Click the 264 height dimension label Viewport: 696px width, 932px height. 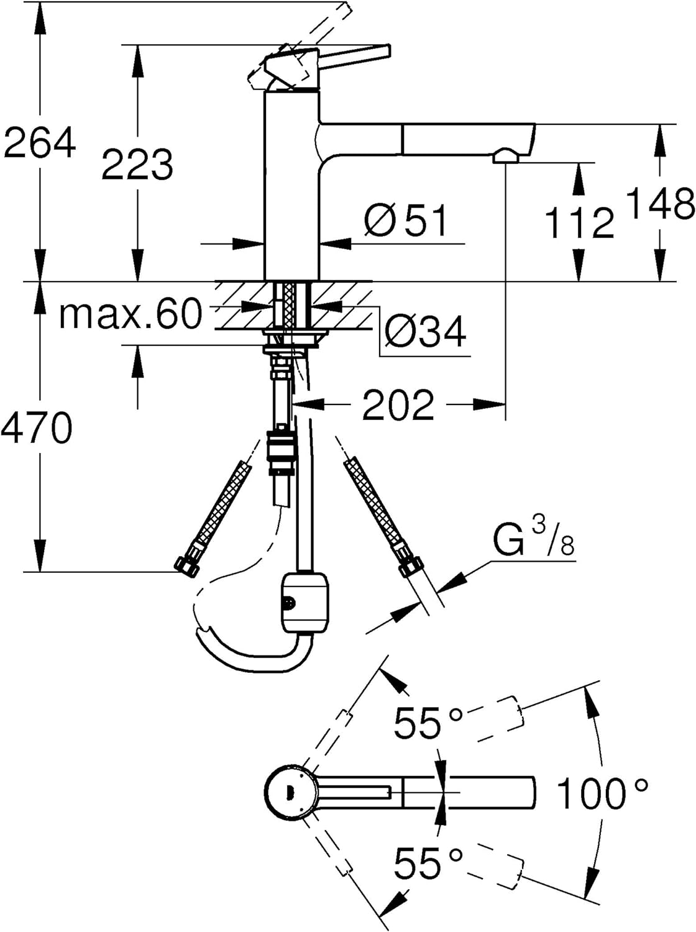[40, 142]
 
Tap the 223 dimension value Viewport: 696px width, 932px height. [137, 164]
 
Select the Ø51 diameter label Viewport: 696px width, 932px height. [406, 220]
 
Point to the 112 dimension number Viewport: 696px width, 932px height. [580, 222]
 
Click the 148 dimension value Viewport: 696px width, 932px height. [661, 203]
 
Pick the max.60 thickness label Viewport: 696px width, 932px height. [130, 314]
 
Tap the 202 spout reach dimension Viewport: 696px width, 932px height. [398, 404]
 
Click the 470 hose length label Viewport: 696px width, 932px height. [37, 427]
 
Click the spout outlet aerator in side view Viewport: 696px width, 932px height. [506, 155]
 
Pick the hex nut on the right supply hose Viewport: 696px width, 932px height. [410, 565]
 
